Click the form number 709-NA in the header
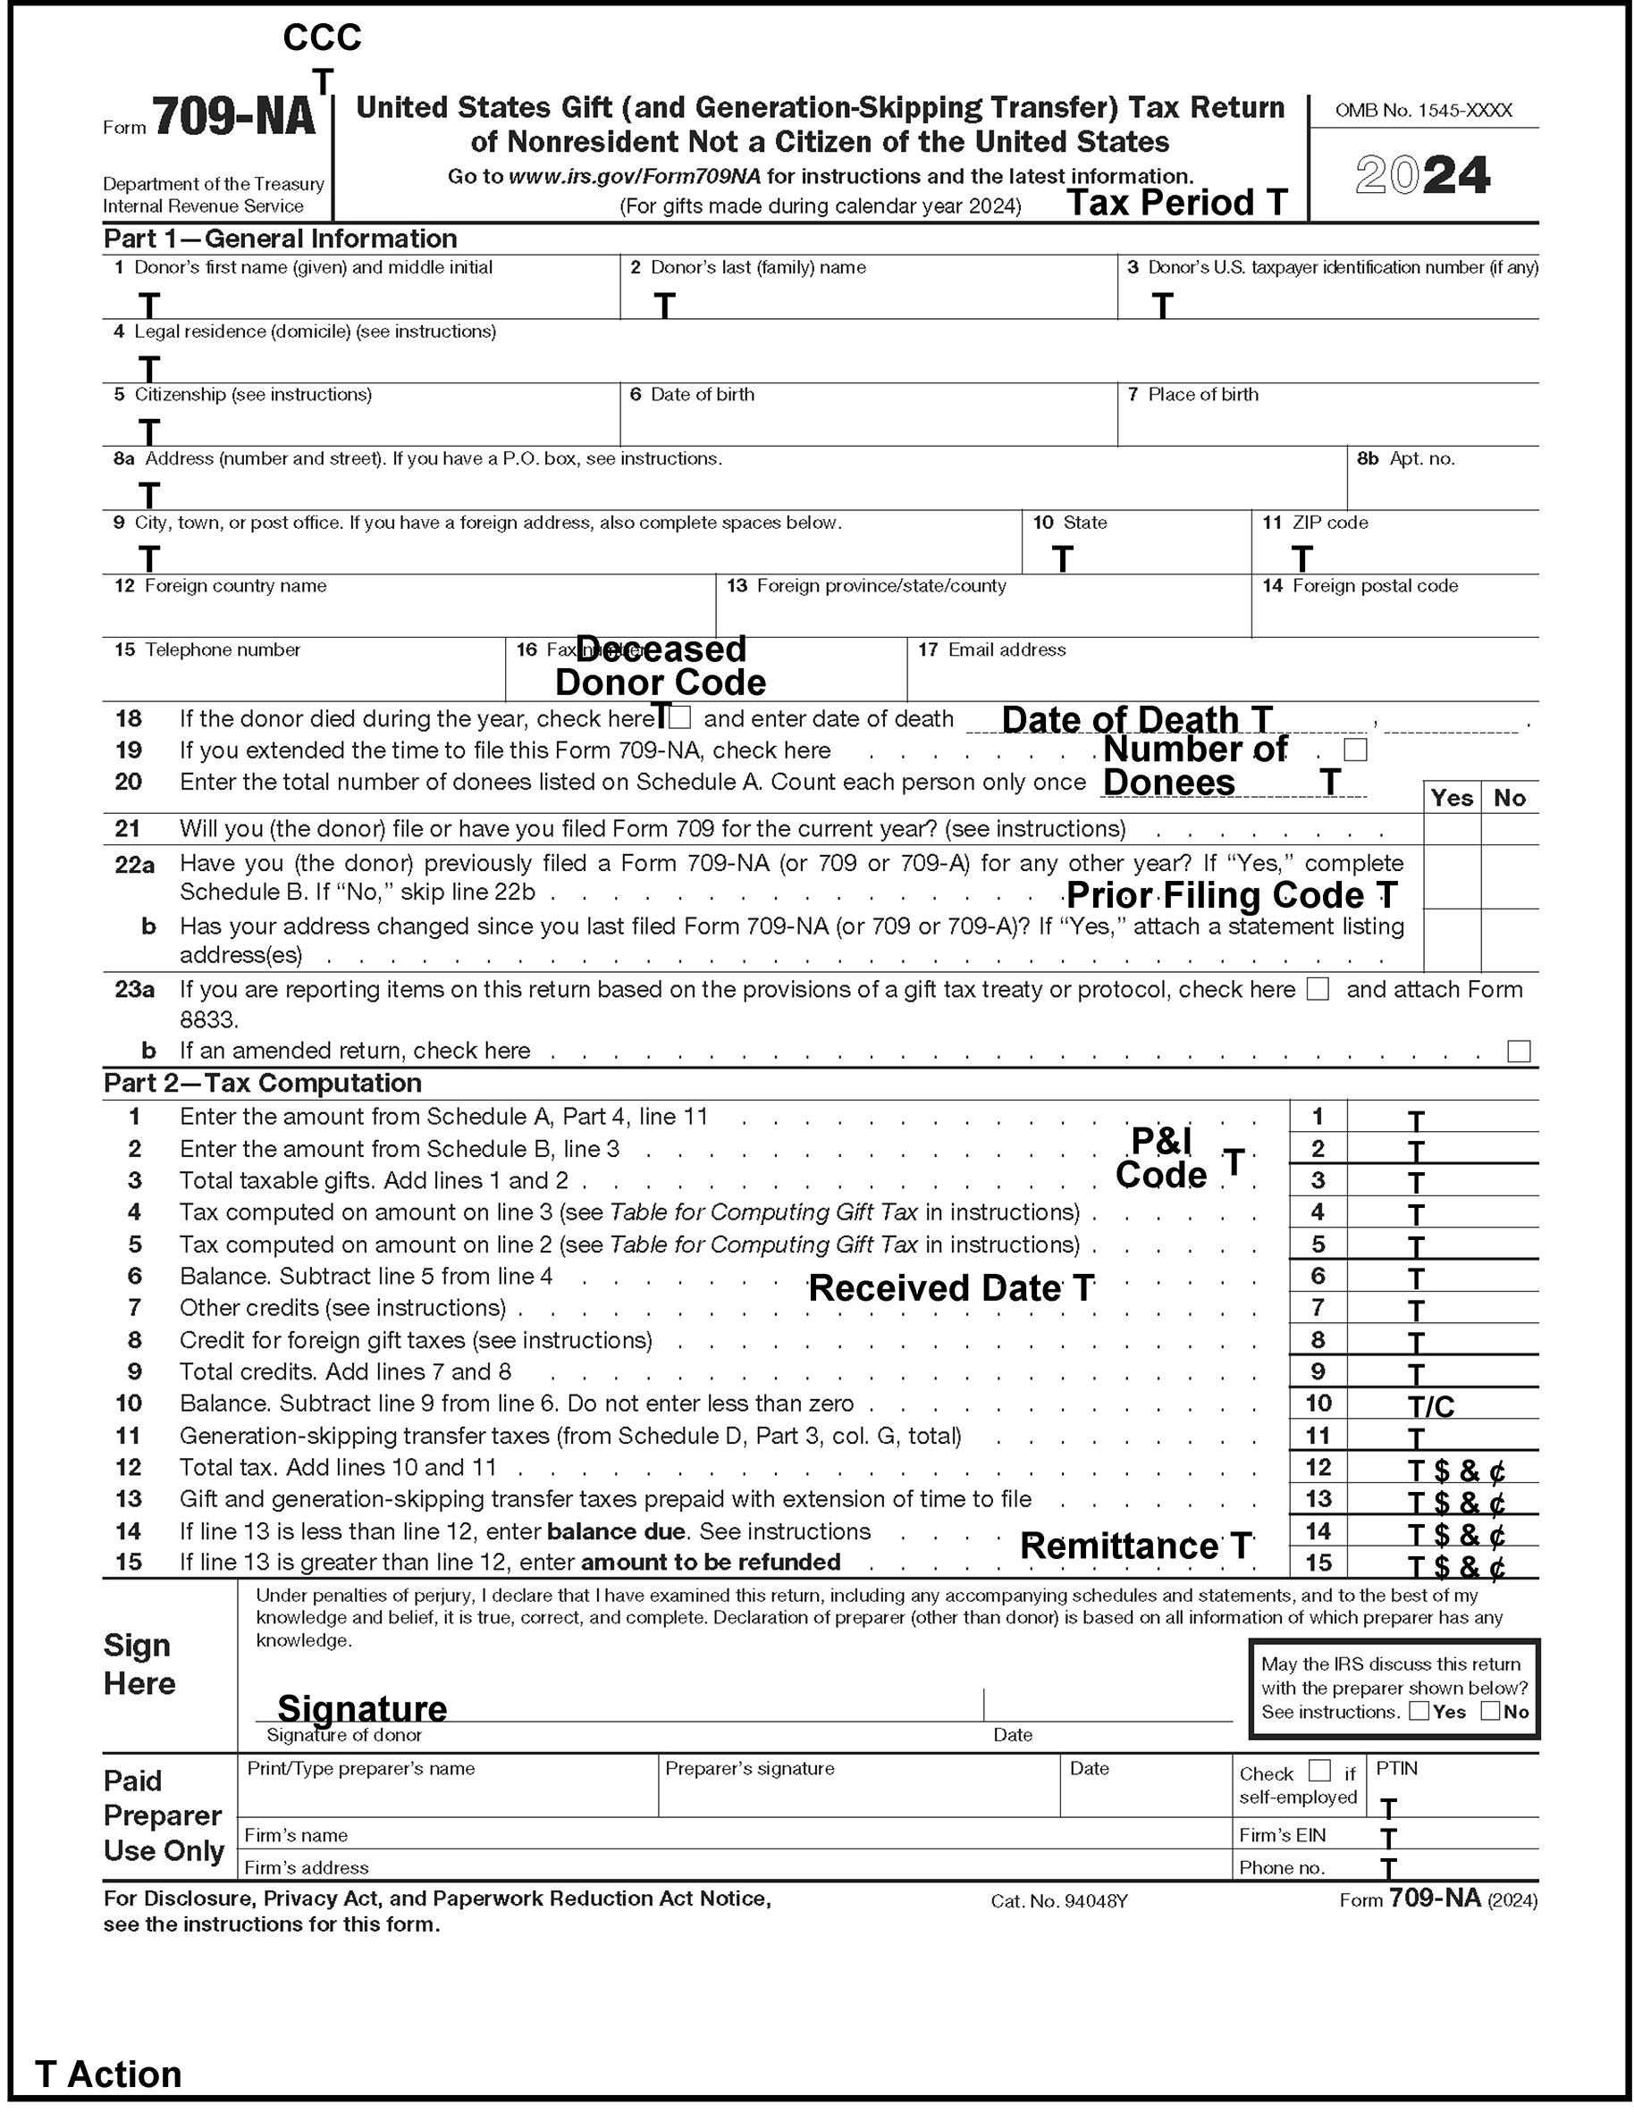(x=233, y=118)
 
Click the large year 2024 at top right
(x=1422, y=175)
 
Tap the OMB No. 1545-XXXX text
(x=1423, y=110)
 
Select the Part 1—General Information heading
(x=281, y=239)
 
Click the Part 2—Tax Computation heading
(x=262, y=1083)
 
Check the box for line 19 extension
(x=1355, y=750)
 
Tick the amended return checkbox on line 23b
(x=1519, y=1052)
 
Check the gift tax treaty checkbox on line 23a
(x=1318, y=989)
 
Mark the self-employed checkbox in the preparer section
(x=1318, y=1771)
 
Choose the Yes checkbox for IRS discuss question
(x=1419, y=1712)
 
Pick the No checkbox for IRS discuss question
(x=1491, y=1712)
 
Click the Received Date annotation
(x=951, y=1288)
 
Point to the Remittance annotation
(x=1136, y=1546)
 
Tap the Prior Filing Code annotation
(x=1231, y=895)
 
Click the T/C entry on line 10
(x=1431, y=1407)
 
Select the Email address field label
(x=1007, y=650)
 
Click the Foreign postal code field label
(x=1374, y=586)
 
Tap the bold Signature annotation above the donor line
(x=362, y=1709)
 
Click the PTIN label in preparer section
(x=1397, y=1769)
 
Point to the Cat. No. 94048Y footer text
(x=1058, y=1901)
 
